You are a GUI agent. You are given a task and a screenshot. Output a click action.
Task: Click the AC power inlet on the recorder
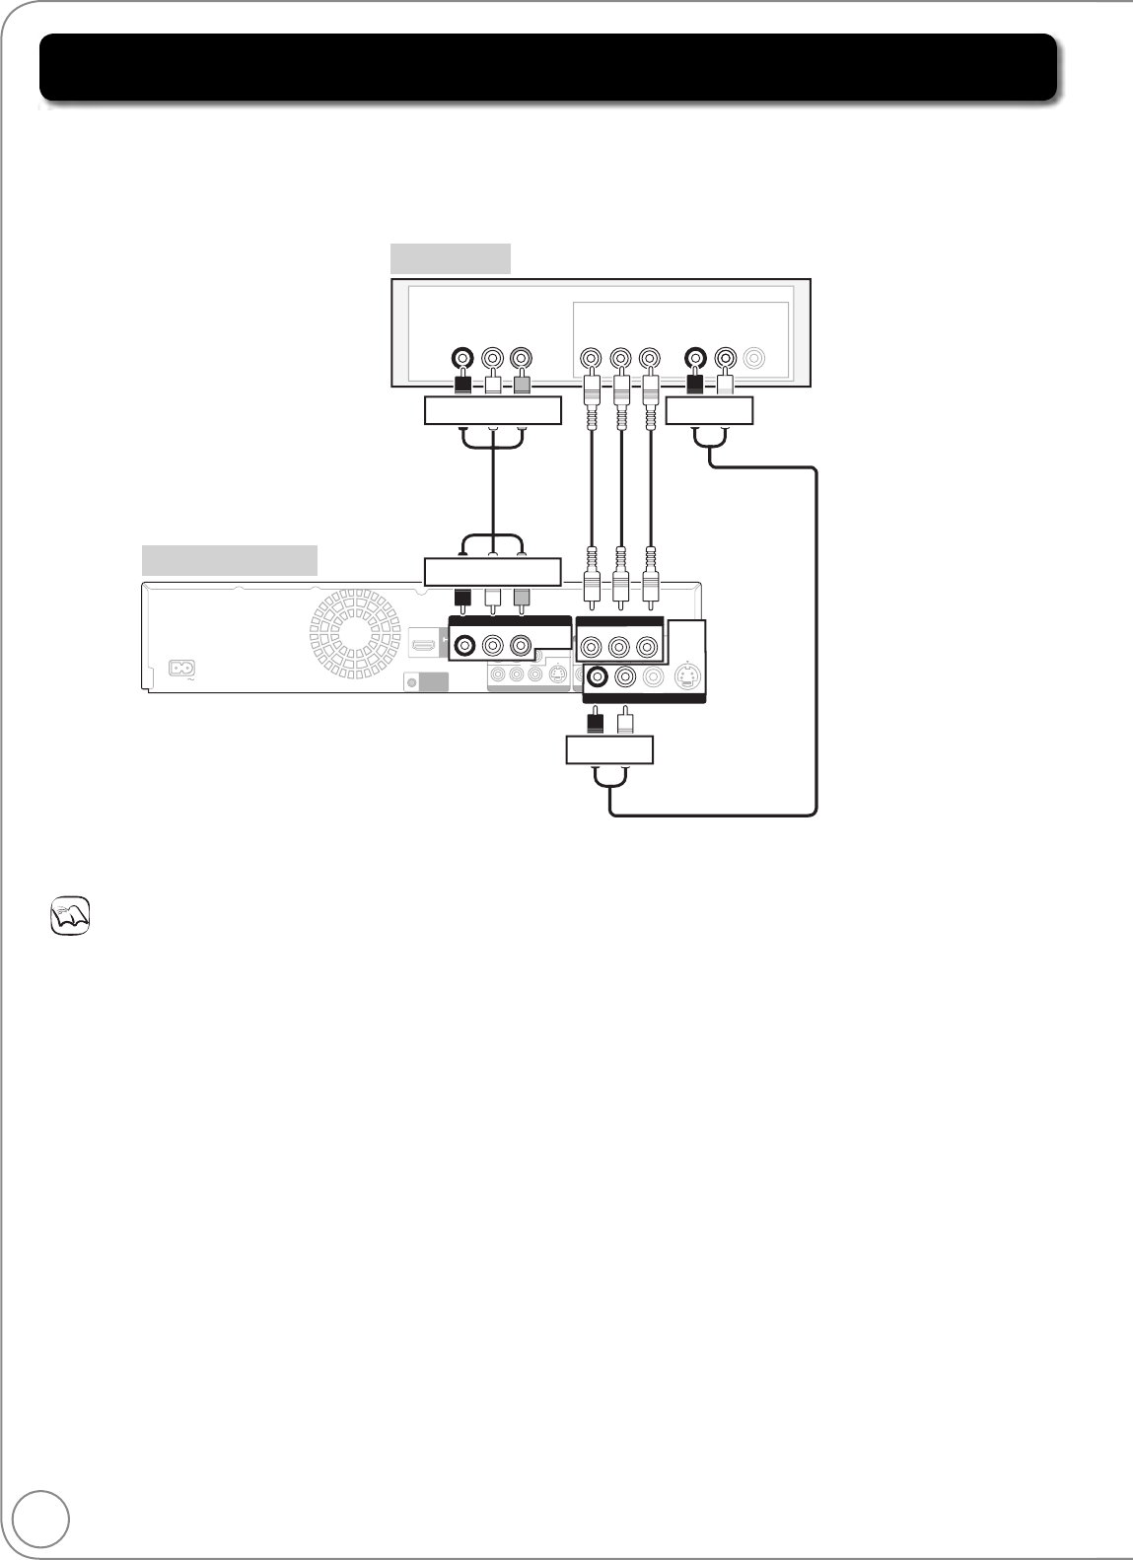[x=180, y=668]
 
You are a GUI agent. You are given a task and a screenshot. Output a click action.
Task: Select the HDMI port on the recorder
[x=424, y=646]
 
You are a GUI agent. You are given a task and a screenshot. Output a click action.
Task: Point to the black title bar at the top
[x=547, y=67]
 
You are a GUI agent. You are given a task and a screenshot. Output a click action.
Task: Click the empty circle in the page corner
[x=42, y=1520]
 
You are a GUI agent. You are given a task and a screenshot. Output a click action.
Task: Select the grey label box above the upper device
[x=451, y=257]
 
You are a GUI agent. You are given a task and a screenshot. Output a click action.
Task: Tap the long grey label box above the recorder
[x=229, y=559]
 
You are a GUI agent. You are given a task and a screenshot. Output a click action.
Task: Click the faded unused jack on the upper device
[x=755, y=357]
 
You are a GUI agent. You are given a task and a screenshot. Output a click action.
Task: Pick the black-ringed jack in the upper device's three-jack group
[x=461, y=357]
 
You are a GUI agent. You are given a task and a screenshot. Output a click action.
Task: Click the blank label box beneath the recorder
[x=609, y=749]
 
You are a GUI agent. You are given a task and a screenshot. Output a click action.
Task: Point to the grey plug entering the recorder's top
[x=522, y=599]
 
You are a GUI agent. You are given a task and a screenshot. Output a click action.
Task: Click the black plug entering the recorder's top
[x=461, y=599]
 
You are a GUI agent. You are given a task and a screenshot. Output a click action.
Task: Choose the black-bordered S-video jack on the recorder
[x=687, y=676]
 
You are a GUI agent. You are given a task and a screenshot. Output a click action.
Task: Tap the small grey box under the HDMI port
[x=427, y=682]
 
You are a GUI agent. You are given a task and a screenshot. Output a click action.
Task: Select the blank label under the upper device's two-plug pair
[x=709, y=410]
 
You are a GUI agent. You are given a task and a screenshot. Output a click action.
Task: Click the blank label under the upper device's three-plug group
[x=492, y=410]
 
